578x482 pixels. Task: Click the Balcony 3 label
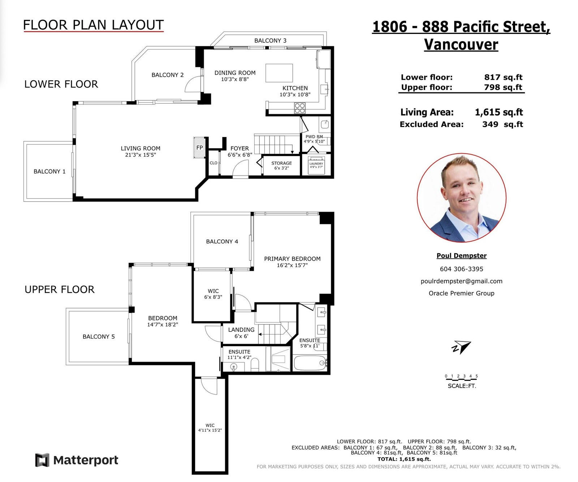tap(270, 40)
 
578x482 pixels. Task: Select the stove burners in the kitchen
tap(300, 108)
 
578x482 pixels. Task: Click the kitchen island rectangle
tap(279, 73)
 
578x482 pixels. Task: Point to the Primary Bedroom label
tap(292, 259)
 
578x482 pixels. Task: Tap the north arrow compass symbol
tap(461, 347)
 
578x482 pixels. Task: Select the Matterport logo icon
tap(42, 460)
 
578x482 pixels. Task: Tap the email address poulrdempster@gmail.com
tap(461, 281)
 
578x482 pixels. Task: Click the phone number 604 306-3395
tap(461, 269)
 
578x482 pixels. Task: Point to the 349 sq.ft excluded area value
tap(502, 124)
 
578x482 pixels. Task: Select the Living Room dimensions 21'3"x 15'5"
tap(141, 155)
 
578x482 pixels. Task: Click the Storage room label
tap(281, 163)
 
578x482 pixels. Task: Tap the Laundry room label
tap(316, 164)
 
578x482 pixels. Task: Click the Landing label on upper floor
tap(241, 330)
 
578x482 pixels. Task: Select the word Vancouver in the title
tap(461, 44)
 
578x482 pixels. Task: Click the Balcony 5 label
tap(99, 336)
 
